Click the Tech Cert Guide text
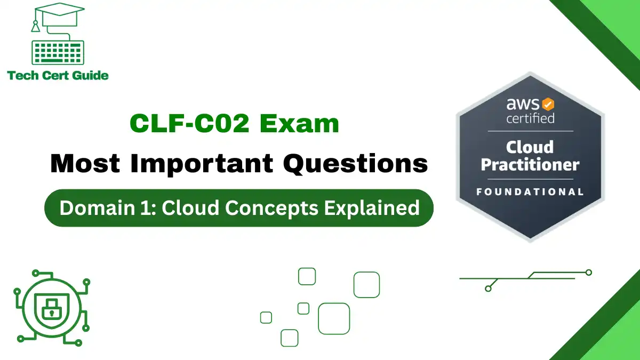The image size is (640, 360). pyautogui.click(x=58, y=75)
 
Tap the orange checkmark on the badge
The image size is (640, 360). pyautogui.click(x=548, y=103)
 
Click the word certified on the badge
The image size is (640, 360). pyautogui.click(x=530, y=117)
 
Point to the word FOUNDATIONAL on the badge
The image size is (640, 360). pyautogui.click(x=530, y=191)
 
